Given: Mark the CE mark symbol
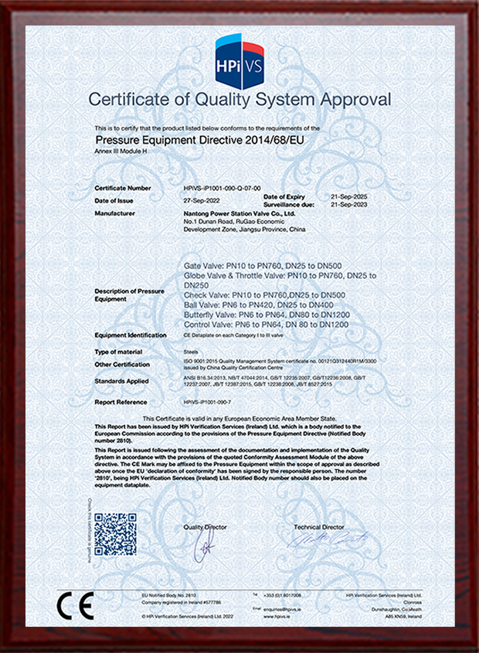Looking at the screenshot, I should (76, 601).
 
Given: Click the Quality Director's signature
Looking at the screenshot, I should (206, 547).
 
